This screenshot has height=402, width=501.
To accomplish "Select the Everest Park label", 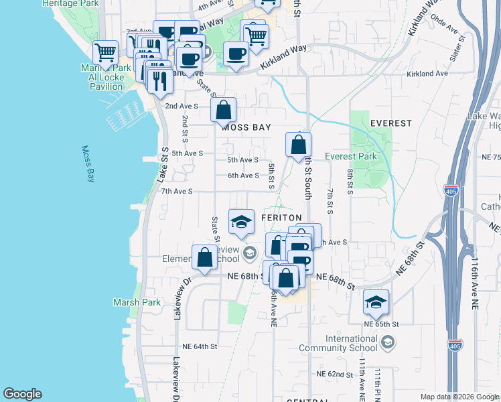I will click(x=350, y=157).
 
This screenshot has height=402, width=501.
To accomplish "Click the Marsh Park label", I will click(x=137, y=302).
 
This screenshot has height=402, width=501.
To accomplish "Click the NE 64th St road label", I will click(x=200, y=346).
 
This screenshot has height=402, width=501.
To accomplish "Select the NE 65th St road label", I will click(x=381, y=324).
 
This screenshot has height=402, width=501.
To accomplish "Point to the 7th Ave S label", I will click(x=177, y=192).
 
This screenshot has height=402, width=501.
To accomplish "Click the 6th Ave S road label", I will click(x=243, y=176).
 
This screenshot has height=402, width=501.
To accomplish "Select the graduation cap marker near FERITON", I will click(x=241, y=222).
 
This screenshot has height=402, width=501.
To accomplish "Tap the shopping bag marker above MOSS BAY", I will click(x=224, y=109).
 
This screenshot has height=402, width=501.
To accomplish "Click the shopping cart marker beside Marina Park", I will click(x=105, y=52).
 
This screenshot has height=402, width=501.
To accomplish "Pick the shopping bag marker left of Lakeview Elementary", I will click(x=204, y=257).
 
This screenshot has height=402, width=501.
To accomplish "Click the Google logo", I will click(x=22, y=394).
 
